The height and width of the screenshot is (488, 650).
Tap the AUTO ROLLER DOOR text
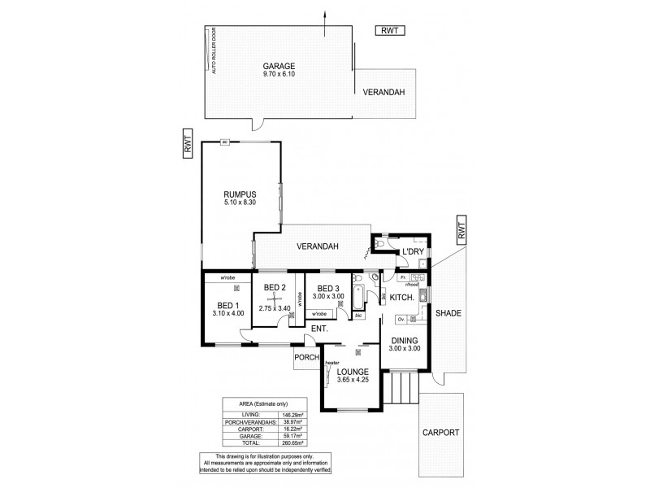tap(214, 51)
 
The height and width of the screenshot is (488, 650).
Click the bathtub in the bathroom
tap(357, 303)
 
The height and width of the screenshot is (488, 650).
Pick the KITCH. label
tap(402, 298)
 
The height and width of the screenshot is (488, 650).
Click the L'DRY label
tap(414, 252)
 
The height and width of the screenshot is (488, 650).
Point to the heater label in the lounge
tap(331, 364)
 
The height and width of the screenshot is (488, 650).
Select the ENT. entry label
tap(317, 329)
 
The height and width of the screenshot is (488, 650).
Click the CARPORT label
tap(441, 434)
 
